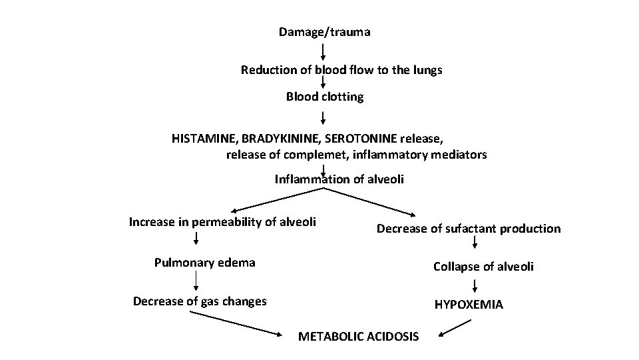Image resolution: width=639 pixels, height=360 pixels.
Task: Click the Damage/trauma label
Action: [325, 32]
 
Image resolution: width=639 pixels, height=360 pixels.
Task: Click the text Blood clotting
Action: [325, 97]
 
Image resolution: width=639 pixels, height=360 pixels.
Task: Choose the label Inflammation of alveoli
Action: [339, 179]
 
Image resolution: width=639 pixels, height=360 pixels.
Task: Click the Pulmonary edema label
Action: [204, 262]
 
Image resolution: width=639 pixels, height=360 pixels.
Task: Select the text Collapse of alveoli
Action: [483, 267]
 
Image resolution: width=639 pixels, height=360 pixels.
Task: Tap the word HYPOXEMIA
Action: [469, 305]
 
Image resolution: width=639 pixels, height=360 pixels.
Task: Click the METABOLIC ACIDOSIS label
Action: [358, 337]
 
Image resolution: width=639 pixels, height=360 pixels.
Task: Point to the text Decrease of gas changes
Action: [200, 301]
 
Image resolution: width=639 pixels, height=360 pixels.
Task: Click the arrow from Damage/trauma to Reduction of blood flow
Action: [323, 51]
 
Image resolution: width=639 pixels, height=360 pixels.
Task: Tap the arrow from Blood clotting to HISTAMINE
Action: [323, 117]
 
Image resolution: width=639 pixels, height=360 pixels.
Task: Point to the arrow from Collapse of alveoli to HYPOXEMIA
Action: [475, 285]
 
